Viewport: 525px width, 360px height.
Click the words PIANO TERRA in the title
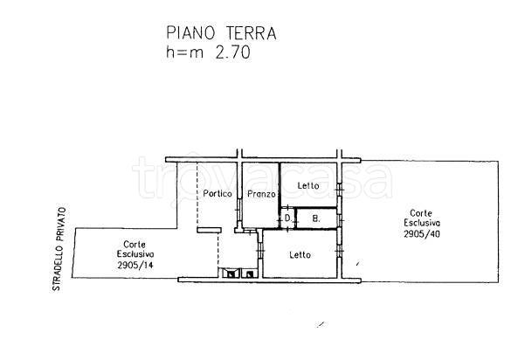click(x=221, y=33)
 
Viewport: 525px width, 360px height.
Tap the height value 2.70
click(x=232, y=52)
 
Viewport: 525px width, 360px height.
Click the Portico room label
click(x=218, y=194)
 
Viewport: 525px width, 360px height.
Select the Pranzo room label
click(x=261, y=194)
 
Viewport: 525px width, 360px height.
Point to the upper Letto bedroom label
click(x=308, y=185)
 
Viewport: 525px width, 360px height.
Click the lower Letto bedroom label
click(x=300, y=255)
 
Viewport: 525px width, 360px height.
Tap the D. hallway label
click(x=288, y=218)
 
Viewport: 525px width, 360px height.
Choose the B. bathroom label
click(x=316, y=219)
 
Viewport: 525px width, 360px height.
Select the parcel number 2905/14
click(x=135, y=266)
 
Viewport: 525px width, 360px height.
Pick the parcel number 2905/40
click(x=422, y=234)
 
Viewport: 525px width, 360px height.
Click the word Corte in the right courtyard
click(x=421, y=213)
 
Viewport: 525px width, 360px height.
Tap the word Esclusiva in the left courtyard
click(x=135, y=254)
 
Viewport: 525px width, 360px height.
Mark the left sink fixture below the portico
click(x=229, y=273)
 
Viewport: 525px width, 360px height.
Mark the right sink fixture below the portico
click(x=248, y=273)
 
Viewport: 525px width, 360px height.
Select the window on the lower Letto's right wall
click(x=340, y=250)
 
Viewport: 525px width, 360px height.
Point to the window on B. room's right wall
click(x=340, y=219)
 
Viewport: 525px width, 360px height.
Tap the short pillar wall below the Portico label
click(x=209, y=230)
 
